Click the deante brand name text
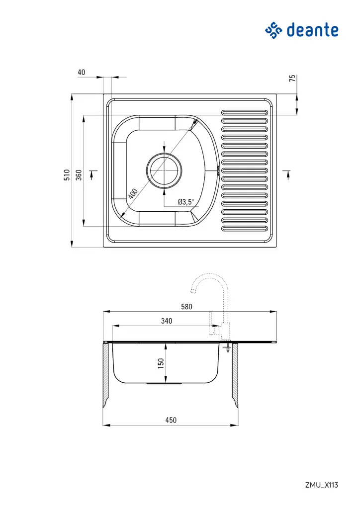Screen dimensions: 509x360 point(312,30)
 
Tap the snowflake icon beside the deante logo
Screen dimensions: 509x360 point(273,30)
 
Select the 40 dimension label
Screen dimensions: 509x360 point(82,72)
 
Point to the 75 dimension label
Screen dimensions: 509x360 point(292,78)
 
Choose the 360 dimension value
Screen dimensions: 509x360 point(78,175)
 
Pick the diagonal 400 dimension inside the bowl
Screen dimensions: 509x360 point(132,193)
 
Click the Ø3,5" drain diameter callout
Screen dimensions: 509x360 point(188,202)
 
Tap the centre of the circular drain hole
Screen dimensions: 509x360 point(164,170)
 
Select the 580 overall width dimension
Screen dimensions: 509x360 point(186,307)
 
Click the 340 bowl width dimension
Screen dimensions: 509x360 point(167,321)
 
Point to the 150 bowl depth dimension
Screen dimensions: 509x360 point(161,363)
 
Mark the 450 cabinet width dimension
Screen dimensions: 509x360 point(171,420)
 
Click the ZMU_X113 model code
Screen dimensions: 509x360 point(322,485)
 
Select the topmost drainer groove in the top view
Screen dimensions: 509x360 point(245,111)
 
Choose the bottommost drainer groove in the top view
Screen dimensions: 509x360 point(245,229)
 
